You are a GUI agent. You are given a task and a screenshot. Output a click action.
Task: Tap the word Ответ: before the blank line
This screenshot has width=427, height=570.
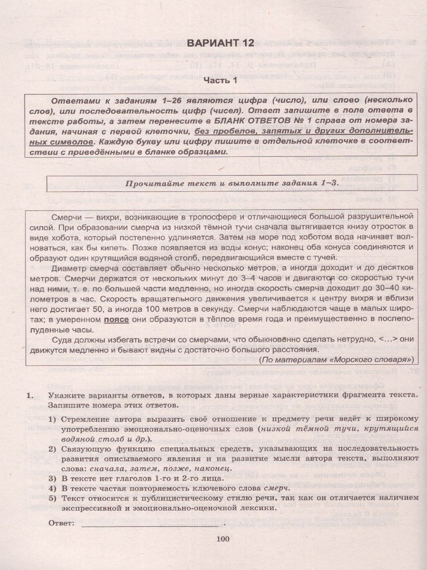click(x=62, y=523)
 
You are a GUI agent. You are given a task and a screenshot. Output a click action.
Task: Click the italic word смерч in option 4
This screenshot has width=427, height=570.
click(x=279, y=487)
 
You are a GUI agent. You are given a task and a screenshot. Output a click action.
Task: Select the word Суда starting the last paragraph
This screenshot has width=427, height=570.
click(x=62, y=340)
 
